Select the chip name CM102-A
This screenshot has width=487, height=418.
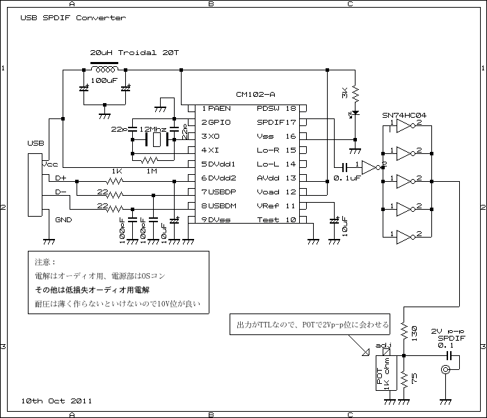pyautogui.click(x=255, y=94)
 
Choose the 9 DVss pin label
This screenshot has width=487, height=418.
pyautogui.click(x=217, y=220)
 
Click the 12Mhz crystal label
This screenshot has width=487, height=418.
pyautogui.click(x=152, y=130)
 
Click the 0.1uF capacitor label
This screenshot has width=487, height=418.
pyautogui.click(x=346, y=179)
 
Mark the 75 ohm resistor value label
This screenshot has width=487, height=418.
pyautogui.click(x=414, y=377)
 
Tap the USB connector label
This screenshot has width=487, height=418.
pyautogui.click(x=36, y=143)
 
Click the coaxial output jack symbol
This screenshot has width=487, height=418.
pyautogui.click(x=445, y=371)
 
